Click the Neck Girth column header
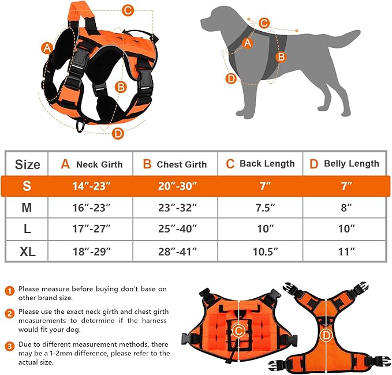[x=91, y=164]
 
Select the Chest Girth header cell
[x=175, y=164]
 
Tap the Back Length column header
[x=260, y=164]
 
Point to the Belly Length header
[x=344, y=164]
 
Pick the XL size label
[x=27, y=252]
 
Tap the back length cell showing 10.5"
[x=260, y=252]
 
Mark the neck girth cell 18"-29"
[x=91, y=252]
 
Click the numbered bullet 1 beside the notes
[x=10, y=290]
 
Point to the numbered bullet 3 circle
[x=10, y=346]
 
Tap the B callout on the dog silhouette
[x=281, y=57]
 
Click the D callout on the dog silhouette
[x=231, y=78]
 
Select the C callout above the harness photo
[x=128, y=10]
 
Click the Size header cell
[x=27, y=164]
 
